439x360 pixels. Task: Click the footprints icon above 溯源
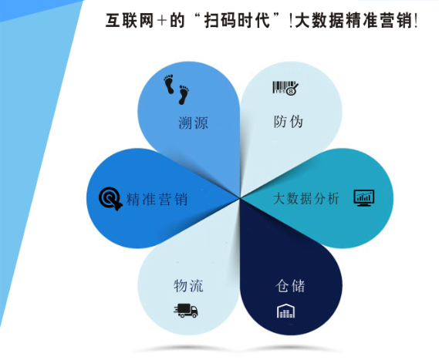click(177, 89)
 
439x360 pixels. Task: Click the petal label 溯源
click(193, 123)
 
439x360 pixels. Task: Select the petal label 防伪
click(288, 122)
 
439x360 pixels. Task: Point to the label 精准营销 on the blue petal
click(157, 199)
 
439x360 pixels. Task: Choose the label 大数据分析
click(306, 198)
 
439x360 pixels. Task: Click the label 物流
click(188, 286)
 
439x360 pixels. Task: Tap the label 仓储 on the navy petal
click(290, 285)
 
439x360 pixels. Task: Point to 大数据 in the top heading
click(321, 21)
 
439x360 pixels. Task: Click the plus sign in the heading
click(160, 22)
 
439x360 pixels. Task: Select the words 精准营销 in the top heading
click(381, 21)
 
